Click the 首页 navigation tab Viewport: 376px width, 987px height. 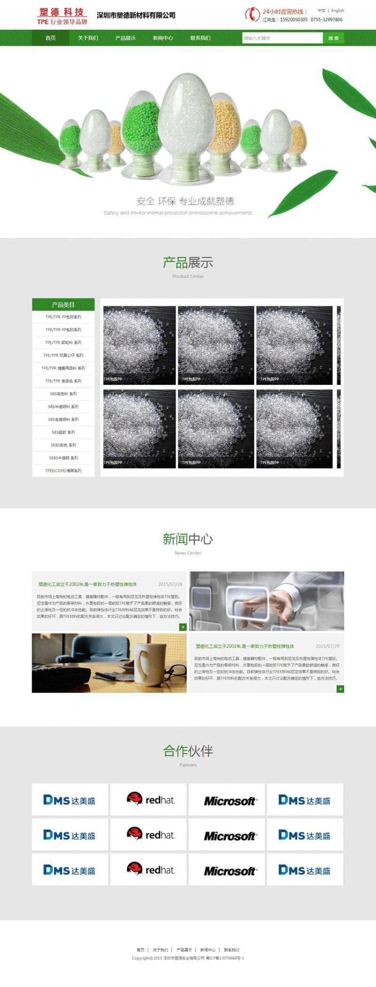[50, 38]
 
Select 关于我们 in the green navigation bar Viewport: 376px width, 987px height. [88, 38]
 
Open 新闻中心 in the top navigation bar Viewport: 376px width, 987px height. [163, 38]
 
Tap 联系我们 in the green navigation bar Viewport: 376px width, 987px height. [200, 38]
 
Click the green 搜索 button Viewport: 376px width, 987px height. [333, 38]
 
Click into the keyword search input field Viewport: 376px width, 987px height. [282, 38]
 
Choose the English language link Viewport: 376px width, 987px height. [337, 10]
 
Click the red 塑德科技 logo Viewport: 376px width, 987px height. [62, 16]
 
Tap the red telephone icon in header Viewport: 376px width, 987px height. [253, 15]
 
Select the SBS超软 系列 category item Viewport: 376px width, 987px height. [63, 432]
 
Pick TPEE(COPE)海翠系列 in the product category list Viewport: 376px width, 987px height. [63, 470]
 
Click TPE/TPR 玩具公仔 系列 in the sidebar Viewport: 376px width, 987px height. [63, 355]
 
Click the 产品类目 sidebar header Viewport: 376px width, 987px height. [63, 304]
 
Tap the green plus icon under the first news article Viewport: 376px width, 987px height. [183, 627]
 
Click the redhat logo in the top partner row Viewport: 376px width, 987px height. [149, 799]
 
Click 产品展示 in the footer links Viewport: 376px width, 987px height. [184, 950]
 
